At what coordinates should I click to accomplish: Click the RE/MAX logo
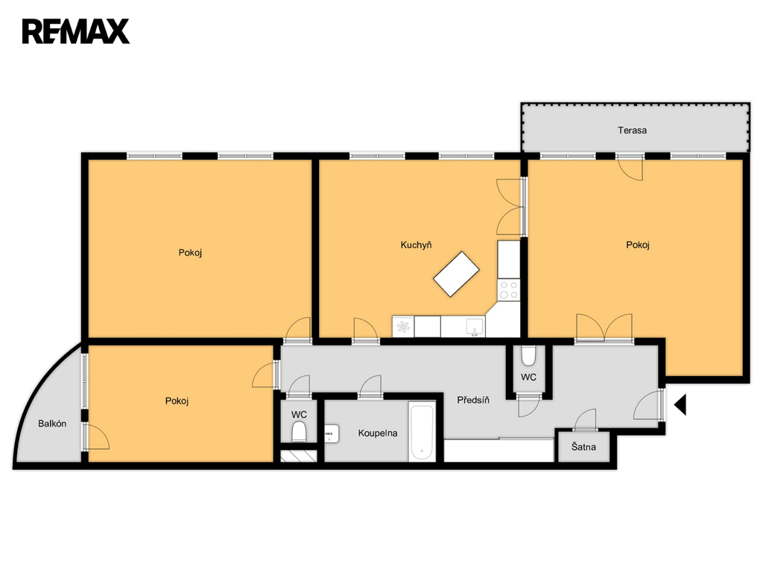click(x=76, y=31)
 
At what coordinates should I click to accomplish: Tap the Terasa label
click(x=632, y=130)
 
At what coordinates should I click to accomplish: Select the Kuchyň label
click(x=416, y=244)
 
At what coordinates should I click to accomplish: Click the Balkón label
click(x=52, y=424)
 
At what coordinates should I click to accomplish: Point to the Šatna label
click(x=583, y=447)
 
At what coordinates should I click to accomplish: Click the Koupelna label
click(x=378, y=433)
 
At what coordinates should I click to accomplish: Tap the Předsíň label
click(x=473, y=400)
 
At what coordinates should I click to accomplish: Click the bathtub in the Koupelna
click(x=422, y=431)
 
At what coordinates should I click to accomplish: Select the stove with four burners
click(x=509, y=290)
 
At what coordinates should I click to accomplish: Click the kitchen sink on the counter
click(x=475, y=327)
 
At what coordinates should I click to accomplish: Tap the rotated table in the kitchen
click(x=457, y=274)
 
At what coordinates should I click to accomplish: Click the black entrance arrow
click(x=680, y=404)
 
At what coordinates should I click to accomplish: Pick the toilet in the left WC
click(x=299, y=431)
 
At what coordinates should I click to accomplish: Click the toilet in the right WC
click(x=528, y=356)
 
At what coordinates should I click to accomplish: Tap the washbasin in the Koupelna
click(x=332, y=433)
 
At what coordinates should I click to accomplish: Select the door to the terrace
click(x=630, y=168)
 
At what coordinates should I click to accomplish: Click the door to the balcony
click(x=96, y=436)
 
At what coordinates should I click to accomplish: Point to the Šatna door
click(x=586, y=420)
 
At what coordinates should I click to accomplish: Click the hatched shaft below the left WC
click(x=299, y=456)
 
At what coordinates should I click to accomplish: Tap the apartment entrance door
click(x=649, y=404)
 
